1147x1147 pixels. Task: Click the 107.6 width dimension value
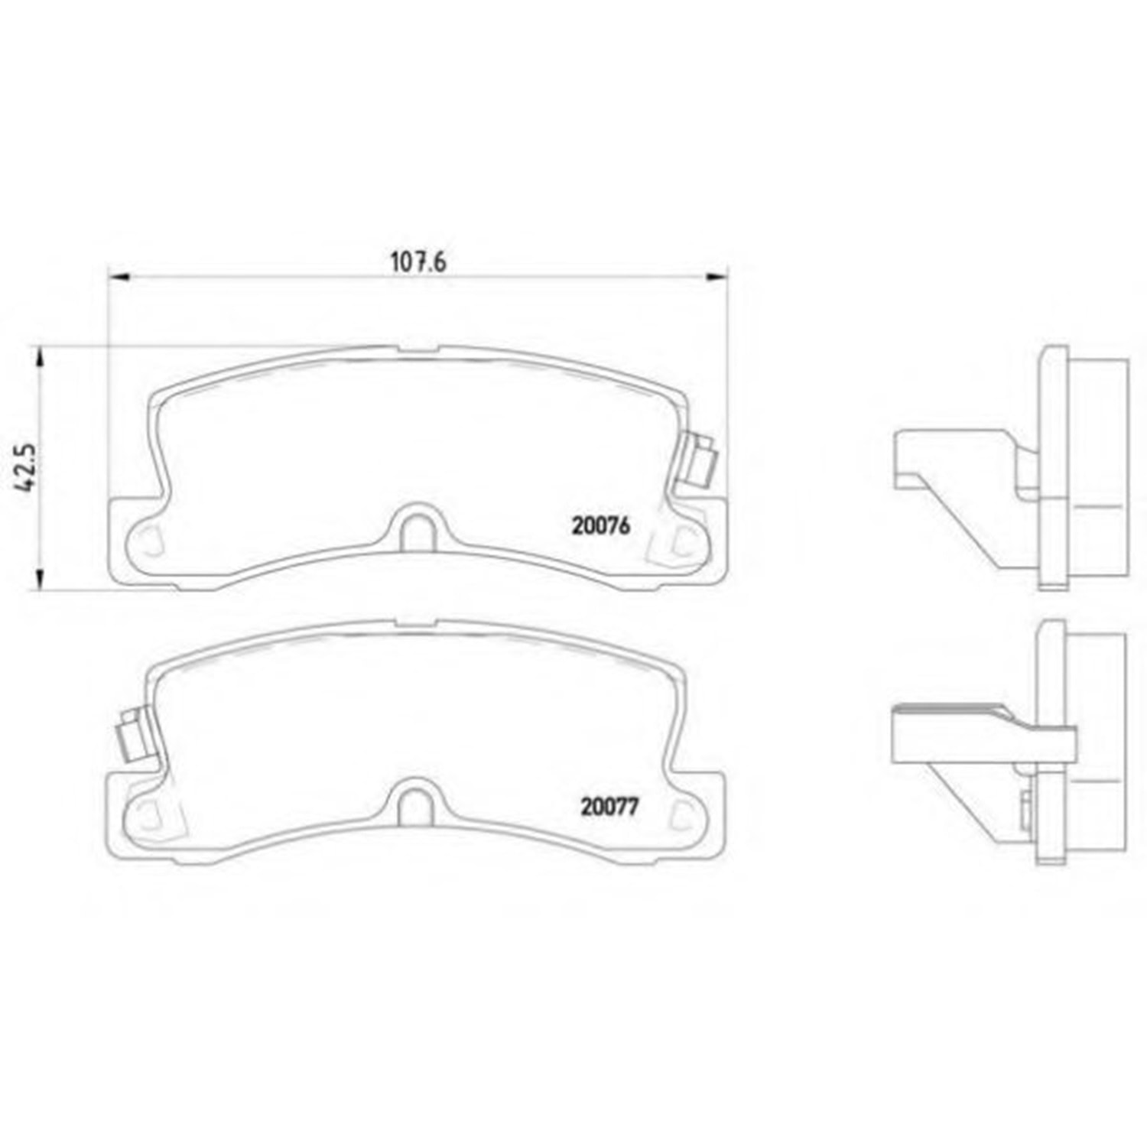click(418, 262)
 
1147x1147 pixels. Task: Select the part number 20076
click(600, 526)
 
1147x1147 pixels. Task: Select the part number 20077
click(609, 807)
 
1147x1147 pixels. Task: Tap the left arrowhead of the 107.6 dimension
click(119, 277)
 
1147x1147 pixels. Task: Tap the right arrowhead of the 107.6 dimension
click(716, 277)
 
